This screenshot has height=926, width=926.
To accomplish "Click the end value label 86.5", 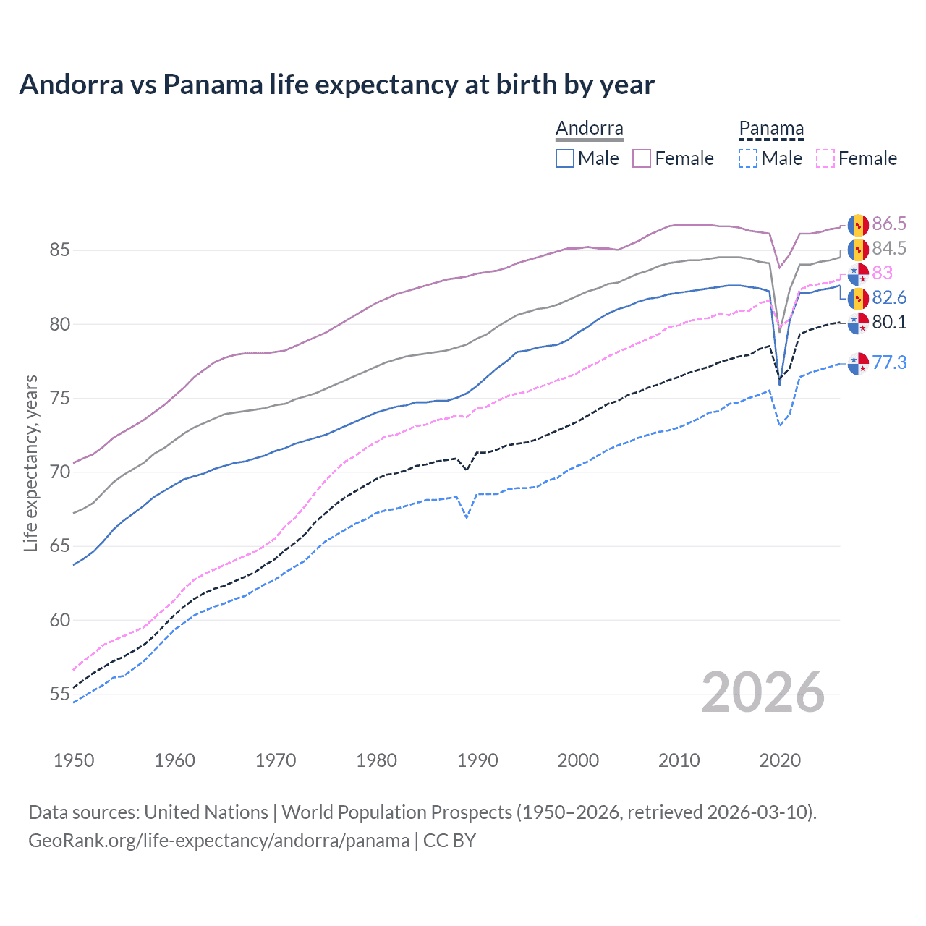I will point(889,224).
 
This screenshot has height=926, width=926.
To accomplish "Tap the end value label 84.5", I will point(889,248).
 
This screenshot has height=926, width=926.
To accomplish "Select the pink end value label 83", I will point(883,273).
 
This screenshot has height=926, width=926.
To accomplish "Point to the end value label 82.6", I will point(889,297).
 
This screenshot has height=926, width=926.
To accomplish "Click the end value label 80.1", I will point(889,322).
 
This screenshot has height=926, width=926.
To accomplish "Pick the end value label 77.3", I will point(889,362).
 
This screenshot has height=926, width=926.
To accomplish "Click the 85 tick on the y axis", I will point(59,250).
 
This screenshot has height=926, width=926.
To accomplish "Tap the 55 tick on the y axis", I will point(59,694).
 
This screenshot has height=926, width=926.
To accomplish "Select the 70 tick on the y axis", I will point(59,472).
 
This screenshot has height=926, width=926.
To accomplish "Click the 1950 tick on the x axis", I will point(74,760).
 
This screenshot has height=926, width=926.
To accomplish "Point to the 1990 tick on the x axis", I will point(477,760).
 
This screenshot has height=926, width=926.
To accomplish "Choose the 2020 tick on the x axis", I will point(780,760).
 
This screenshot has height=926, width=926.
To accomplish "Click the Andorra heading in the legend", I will point(589,129).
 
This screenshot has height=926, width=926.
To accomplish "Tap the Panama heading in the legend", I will point(771,129).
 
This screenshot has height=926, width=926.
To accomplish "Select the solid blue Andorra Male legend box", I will point(565,158).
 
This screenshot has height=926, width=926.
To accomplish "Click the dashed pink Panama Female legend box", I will point(825,158).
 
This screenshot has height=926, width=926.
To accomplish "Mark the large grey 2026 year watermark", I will point(763,692).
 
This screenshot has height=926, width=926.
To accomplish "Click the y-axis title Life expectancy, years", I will point(30,463).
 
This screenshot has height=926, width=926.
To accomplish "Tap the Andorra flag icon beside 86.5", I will point(858,225).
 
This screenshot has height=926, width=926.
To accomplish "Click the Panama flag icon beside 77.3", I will point(858,364).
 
